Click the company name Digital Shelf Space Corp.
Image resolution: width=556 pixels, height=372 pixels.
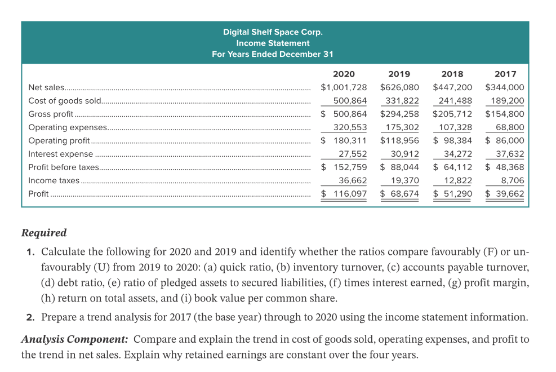[x=273, y=32]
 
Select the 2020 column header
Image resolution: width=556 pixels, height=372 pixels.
[x=344, y=74]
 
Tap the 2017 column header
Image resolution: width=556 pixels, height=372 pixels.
[x=505, y=74]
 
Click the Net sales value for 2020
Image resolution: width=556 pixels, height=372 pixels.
[x=344, y=87]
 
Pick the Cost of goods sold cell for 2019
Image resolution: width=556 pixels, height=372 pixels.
[x=402, y=101]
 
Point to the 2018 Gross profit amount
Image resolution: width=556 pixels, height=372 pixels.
[x=452, y=114]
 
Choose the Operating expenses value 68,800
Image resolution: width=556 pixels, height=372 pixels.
[x=510, y=127]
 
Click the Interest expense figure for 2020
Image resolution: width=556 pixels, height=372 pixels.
[x=353, y=154]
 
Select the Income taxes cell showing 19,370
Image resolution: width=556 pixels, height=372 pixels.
[x=405, y=180]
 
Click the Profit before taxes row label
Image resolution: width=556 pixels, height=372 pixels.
[x=64, y=167]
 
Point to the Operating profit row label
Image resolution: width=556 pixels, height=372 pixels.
[x=59, y=140]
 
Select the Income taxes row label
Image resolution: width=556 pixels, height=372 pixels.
[x=54, y=180]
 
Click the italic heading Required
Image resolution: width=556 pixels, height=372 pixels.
[x=44, y=233]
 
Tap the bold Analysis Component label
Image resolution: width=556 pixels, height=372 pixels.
[x=74, y=339]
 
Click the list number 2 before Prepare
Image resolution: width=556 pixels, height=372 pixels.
[x=30, y=317]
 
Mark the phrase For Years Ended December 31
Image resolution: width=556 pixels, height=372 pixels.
[x=273, y=54]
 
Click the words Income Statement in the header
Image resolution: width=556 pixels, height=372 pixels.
[x=273, y=43]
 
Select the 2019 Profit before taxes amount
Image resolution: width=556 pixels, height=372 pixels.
[x=399, y=167]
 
